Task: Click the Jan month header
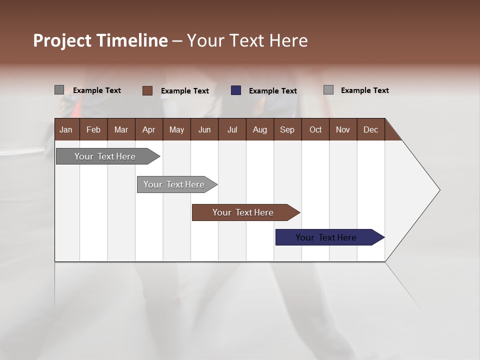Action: (x=66, y=129)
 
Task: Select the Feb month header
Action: (x=93, y=129)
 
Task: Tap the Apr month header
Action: (x=148, y=129)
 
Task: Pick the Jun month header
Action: (x=204, y=129)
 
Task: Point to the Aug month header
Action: (x=259, y=129)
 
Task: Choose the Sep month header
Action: (x=287, y=129)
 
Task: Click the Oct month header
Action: (x=315, y=129)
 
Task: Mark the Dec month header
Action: (x=370, y=129)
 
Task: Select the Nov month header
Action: (x=343, y=129)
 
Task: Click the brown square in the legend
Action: (x=147, y=90)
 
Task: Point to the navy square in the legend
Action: (x=236, y=90)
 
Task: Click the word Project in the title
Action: (x=62, y=40)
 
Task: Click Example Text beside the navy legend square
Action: (x=272, y=91)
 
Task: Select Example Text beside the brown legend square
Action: (x=184, y=91)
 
